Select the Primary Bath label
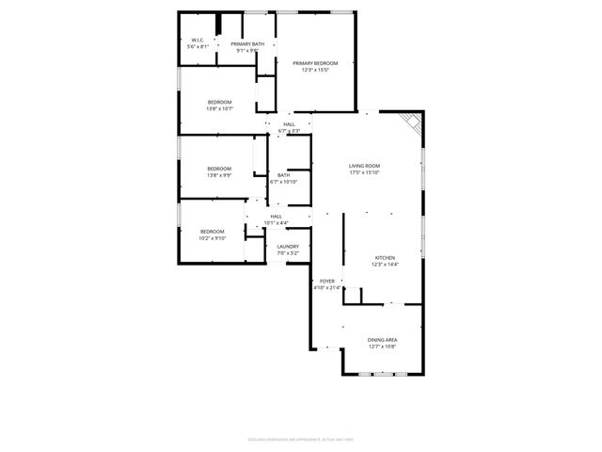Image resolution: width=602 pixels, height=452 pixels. pyautogui.click(x=246, y=44)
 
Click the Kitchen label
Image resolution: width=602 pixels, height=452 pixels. pyautogui.click(x=385, y=258)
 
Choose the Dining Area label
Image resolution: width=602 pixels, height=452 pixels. pyautogui.click(x=382, y=339)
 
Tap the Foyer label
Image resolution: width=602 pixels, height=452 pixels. pyautogui.click(x=327, y=281)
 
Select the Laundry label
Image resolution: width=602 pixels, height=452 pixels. pyautogui.click(x=288, y=247)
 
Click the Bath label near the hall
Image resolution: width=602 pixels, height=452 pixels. pyautogui.click(x=283, y=175)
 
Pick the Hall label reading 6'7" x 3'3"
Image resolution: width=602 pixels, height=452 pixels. pyautogui.click(x=289, y=124)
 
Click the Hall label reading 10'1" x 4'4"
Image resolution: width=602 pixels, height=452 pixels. pyautogui.click(x=276, y=217)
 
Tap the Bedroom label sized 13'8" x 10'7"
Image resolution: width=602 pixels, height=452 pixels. pyautogui.click(x=219, y=102)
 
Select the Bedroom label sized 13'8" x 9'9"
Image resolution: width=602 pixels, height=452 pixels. pyautogui.click(x=219, y=169)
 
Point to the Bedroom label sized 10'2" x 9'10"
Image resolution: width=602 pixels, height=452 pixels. pyautogui.click(x=212, y=232)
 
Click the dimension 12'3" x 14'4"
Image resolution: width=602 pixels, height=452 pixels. pyautogui.click(x=385, y=265)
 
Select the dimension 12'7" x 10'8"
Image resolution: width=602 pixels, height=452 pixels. pyautogui.click(x=382, y=346)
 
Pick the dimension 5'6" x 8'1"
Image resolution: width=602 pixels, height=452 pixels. pyautogui.click(x=197, y=46)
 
